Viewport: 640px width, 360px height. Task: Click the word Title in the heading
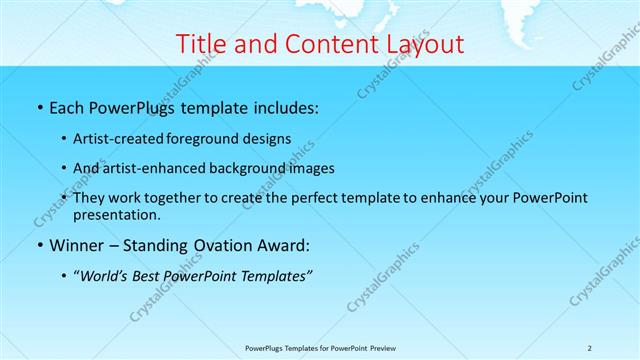click(x=199, y=44)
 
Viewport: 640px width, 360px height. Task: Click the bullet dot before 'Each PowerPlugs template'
click(x=39, y=107)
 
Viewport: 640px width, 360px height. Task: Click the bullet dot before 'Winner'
click(x=39, y=245)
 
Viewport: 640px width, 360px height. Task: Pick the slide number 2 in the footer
click(x=590, y=348)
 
